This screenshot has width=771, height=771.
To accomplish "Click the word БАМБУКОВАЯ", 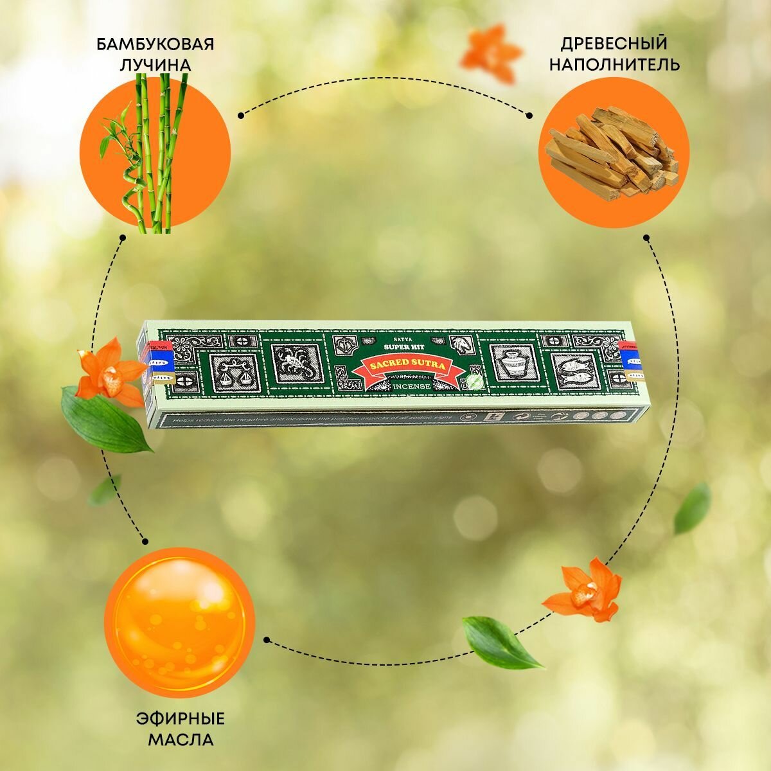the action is click(155, 45).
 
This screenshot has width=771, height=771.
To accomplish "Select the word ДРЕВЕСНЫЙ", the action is click(614, 44).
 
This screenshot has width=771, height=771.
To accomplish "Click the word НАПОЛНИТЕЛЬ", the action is click(614, 65).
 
